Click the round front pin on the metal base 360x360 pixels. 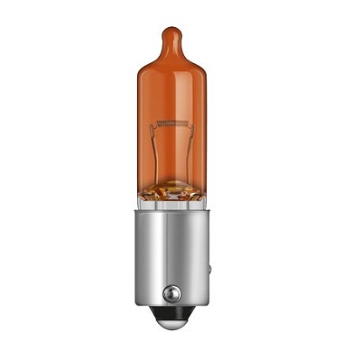(x=171, y=295)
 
